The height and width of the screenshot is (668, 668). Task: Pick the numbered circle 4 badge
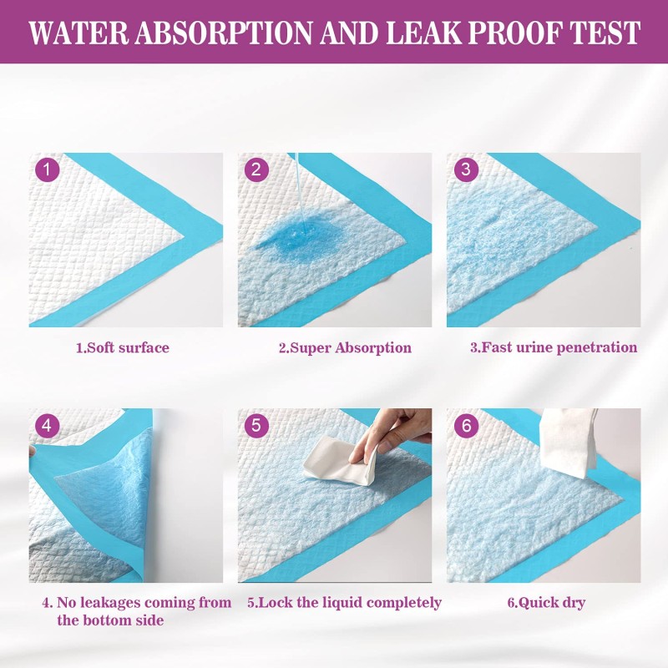tap(47, 425)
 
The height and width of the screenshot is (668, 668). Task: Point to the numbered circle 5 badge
tap(256, 425)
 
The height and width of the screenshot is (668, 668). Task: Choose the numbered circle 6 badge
tap(465, 425)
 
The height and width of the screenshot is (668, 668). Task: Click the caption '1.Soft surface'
tap(122, 347)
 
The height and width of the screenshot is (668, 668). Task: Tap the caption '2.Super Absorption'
tap(344, 347)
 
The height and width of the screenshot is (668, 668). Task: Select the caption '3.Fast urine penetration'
tap(553, 347)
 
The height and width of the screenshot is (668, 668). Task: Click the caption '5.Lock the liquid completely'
tap(344, 603)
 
